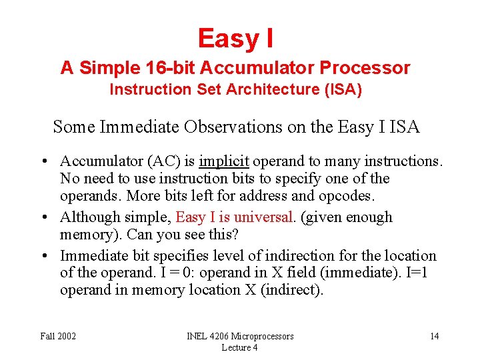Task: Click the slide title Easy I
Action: [235, 38]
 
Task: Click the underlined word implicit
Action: [224, 161]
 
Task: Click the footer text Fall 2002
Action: [58, 336]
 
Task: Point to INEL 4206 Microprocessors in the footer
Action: [240, 336]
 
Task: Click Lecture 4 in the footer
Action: [240, 347]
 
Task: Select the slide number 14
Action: [434, 336]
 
